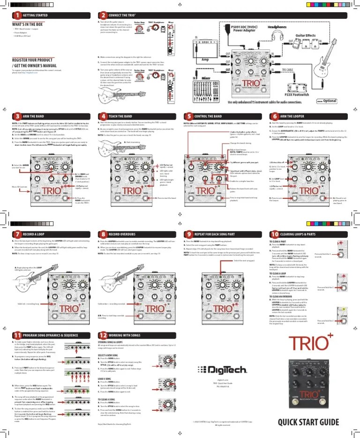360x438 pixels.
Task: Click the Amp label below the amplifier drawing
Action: (x=205, y=60)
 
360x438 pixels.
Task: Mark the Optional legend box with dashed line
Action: (x=327, y=100)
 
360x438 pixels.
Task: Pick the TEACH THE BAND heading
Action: (x=120, y=116)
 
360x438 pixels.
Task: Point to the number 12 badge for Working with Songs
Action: (x=102, y=335)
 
